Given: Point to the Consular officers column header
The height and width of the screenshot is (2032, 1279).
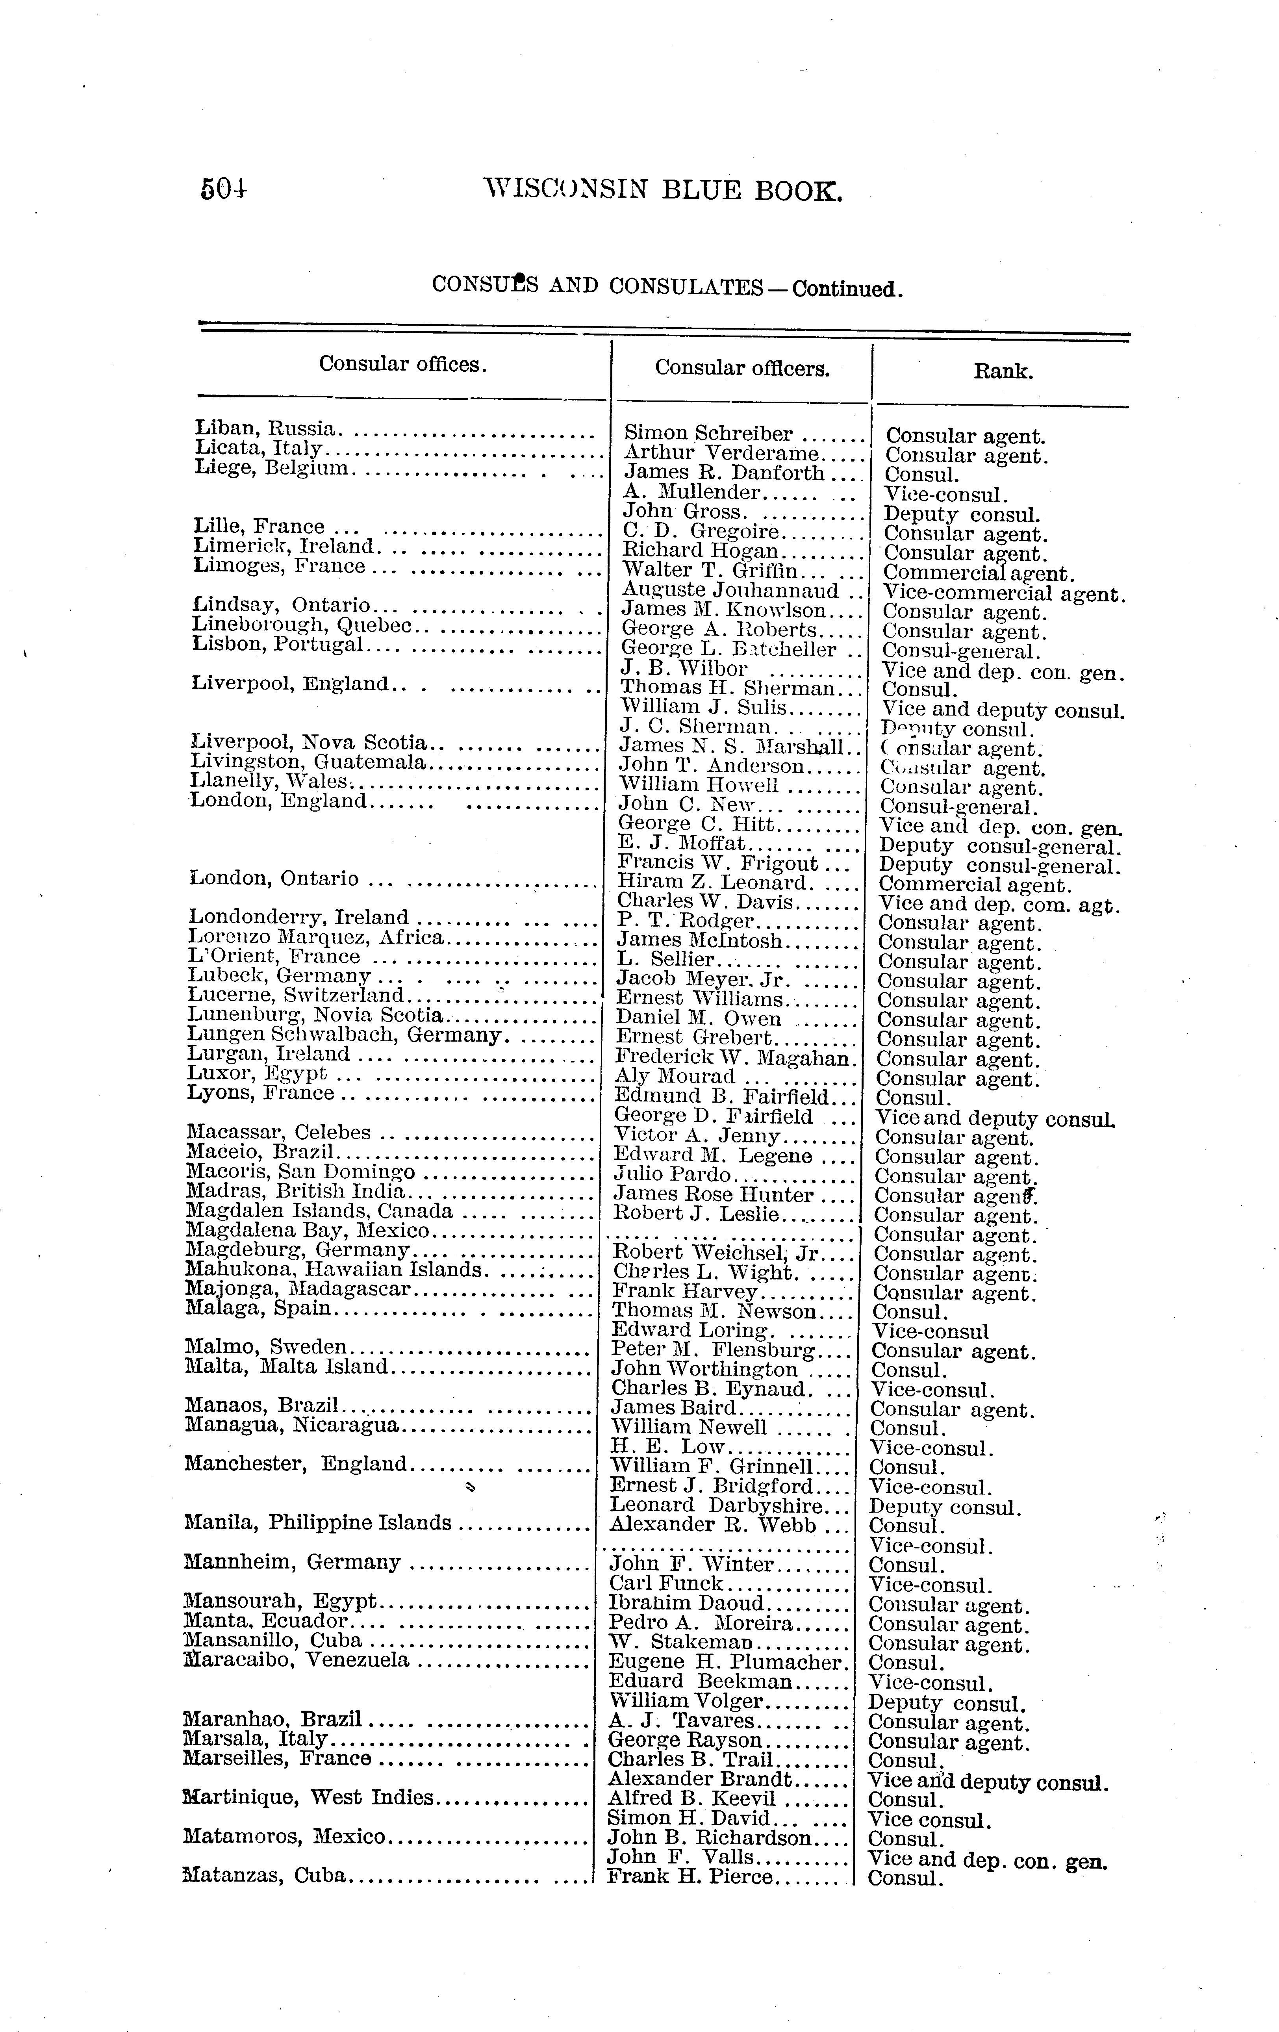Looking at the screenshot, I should coord(741,368).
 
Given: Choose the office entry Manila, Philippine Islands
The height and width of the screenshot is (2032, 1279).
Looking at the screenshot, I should coord(317,1522).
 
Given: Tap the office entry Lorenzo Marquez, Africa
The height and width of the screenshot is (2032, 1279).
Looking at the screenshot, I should coord(315,937).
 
